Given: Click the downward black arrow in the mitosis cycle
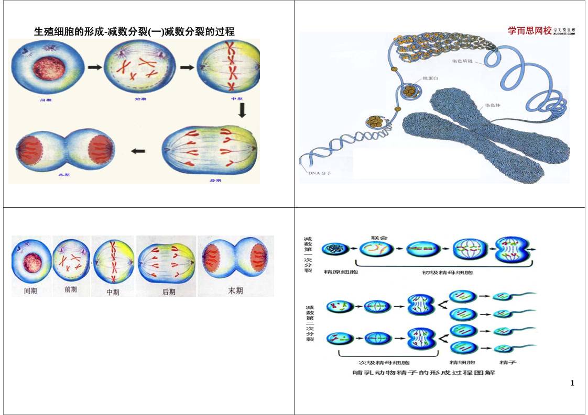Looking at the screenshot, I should click(242, 110).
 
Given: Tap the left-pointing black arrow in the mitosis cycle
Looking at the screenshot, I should click(138, 151).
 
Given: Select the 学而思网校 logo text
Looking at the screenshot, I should click(530, 31).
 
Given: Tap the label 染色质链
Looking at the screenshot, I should click(463, 61).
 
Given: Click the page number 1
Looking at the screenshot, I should click(572, 383).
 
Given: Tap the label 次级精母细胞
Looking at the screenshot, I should click(384, 362).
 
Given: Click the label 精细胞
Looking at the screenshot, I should click(463, 362).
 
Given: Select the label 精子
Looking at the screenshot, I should click(509, 362).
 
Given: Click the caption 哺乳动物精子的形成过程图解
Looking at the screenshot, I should click(423, 373).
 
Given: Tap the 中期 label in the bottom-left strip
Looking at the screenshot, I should click(113, 292).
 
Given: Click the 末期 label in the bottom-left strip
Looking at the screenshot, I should click(235, 290).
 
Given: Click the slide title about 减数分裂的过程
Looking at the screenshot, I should click(134, 32).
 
